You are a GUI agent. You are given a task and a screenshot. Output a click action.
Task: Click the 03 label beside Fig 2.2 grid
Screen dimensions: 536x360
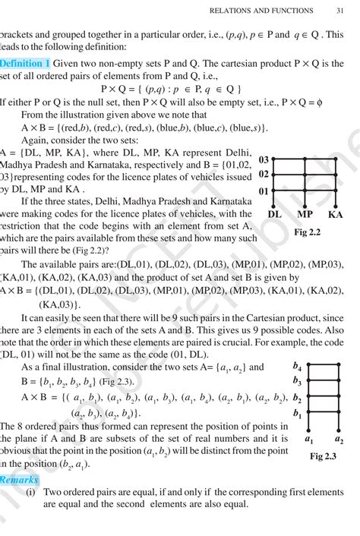coord(264,160)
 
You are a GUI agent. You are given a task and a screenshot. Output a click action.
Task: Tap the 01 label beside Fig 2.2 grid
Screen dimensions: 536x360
coord(264,191)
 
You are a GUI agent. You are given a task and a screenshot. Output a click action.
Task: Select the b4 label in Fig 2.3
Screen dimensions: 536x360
coord(297,367)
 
